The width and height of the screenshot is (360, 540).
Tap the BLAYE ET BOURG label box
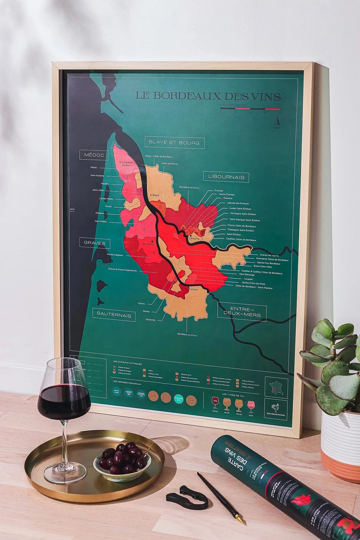174,142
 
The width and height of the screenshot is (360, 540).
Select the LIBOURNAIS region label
226,177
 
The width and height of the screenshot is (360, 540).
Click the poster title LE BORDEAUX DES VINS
208,96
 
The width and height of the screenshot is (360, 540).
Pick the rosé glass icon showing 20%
250,403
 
